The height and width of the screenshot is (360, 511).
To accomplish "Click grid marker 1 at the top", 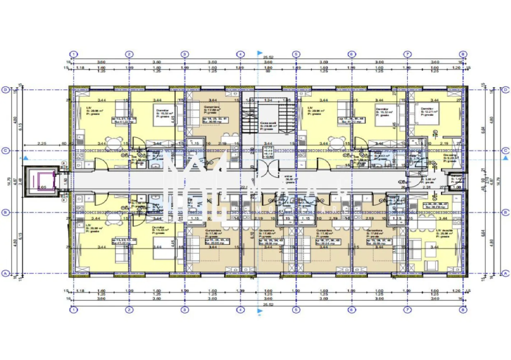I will coord(73,54).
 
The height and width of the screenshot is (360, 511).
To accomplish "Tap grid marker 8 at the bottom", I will coord(463,310).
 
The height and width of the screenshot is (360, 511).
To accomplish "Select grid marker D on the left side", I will coord(5,90).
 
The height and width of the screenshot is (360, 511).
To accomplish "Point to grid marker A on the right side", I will coord(506,274).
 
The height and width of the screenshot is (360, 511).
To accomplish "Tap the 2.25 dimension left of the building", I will coord(42,144).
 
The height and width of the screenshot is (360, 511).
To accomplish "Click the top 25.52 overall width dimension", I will coord(268,57).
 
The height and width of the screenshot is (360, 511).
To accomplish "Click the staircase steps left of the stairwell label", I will coord(247,122).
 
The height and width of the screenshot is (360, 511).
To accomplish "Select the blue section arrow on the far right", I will coord(506,158).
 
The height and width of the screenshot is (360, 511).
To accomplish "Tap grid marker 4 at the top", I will coord(240,54).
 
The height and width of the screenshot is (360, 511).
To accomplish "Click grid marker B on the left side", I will coord(5,212).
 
